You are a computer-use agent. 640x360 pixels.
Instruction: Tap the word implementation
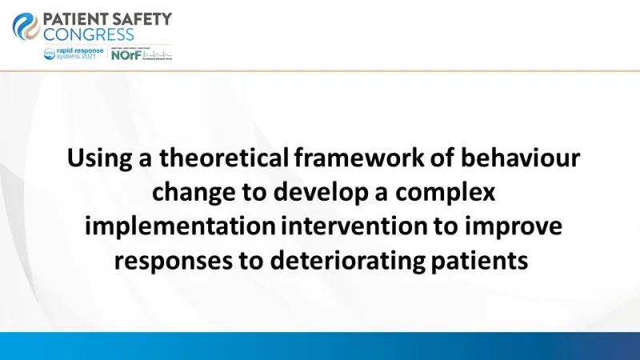pos(180,226)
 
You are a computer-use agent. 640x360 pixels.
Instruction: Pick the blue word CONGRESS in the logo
pos(90,35)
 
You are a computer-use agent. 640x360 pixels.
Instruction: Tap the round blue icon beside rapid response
pos(50,53)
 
